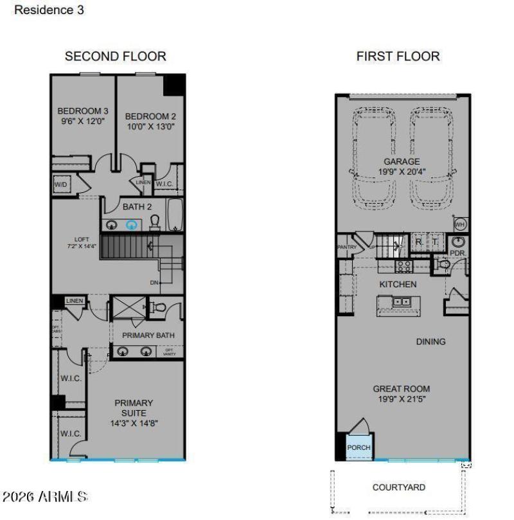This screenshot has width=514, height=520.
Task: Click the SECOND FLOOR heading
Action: coord(116,57)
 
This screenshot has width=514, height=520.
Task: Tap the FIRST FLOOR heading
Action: coord(398,57)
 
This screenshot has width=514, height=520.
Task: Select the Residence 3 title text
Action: coord(49,10)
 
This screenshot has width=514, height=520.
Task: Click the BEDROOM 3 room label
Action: coord(83,111)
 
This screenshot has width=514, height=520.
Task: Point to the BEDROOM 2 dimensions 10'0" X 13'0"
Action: coord(150,127)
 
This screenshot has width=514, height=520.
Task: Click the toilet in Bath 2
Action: coord(155,222)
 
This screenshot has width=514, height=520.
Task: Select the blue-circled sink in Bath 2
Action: coord(132,224)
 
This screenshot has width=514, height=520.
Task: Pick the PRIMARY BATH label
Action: coord(148,335)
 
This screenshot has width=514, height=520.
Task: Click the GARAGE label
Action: coord(402,161)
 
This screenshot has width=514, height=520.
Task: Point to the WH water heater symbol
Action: coord(460,224)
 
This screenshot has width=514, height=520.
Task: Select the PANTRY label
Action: coord(346,246)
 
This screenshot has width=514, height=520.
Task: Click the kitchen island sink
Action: coord(402,301)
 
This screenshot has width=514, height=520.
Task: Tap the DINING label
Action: coord(430,342)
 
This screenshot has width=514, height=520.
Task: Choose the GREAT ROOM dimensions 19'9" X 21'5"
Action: coord(402,399)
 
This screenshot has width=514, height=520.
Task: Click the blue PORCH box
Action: coord(359,447)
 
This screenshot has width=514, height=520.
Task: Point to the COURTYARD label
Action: coord(398,487)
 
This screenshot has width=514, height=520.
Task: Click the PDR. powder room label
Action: coord(458,253)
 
